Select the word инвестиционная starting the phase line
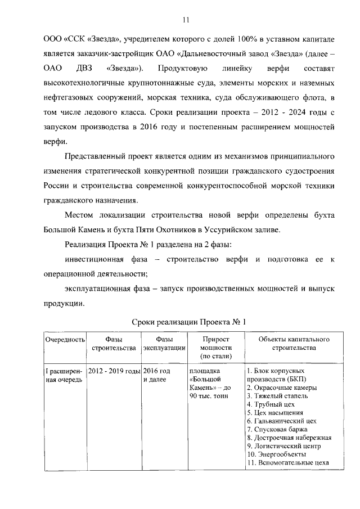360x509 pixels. (99, 259)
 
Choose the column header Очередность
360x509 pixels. (65, 340)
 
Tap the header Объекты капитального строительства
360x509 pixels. (294, 344)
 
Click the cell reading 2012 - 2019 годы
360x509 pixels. (114, 372)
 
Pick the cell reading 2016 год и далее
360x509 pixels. (157, 376)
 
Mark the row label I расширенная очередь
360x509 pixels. (64, 376)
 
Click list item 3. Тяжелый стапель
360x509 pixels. (277, 396)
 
